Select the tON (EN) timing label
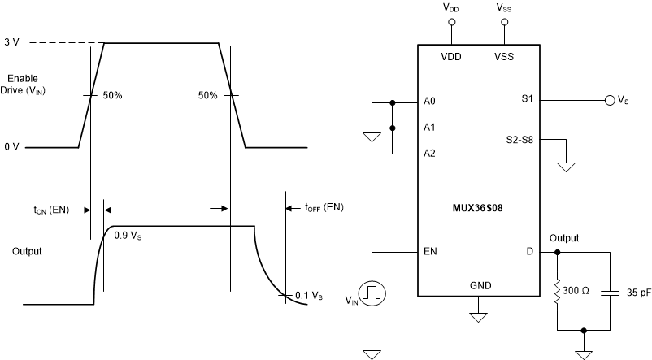(x=51, y=209)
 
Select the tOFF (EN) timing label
(x=324, y=208)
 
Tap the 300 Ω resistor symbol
(x=558, y=291)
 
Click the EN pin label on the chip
(x=429, y=251)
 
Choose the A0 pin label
(x=429, y=102)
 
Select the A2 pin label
(x=429, y=153)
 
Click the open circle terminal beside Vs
(x=609, y=101)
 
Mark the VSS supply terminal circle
(x=504, y=22)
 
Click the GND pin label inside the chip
(x=480, y=286)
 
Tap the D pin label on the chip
(x=529, y=251)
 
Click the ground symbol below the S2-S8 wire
(x=567, y=167)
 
